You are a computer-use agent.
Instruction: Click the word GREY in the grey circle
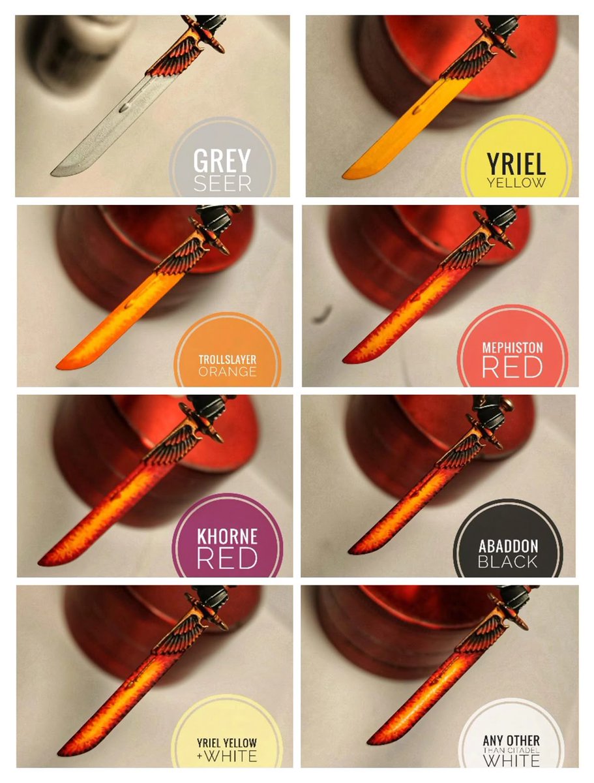(222, 161)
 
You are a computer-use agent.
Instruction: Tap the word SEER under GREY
(222, 183)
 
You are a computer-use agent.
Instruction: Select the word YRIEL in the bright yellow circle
(516, 161)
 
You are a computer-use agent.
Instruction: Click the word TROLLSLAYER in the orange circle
(228, 359)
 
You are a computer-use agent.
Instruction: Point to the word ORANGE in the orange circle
(228, 372)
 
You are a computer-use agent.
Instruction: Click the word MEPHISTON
(512, 347)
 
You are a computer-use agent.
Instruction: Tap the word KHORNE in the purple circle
(228, 538)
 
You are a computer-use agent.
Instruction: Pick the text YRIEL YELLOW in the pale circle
(228, 743)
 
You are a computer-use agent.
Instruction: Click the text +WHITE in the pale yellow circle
(228, 756)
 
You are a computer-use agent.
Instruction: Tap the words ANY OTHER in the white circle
(511, 741)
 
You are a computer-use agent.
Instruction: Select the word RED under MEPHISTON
(512, 367)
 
